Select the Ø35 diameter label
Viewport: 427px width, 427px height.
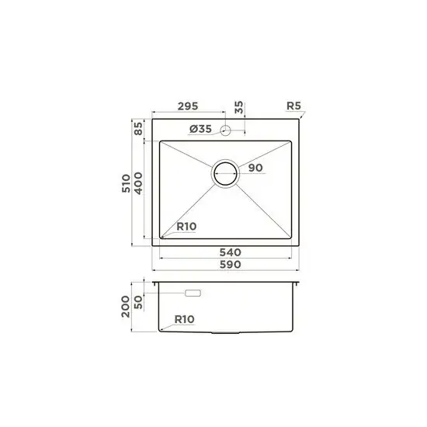[199, 129]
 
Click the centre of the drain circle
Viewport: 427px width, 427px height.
[227, 174]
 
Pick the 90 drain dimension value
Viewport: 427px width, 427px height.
[257, 168]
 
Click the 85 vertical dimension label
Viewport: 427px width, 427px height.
[137, 129]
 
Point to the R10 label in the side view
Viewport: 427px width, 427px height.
[185, 318]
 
